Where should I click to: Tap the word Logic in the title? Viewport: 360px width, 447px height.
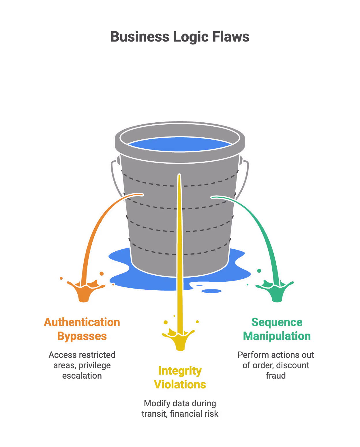point(191,37)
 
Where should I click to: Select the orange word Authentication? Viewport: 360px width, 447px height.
point(82,322)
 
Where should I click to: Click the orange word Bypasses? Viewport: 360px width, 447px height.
point(82,336)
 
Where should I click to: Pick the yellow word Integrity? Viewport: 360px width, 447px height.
point(180,371)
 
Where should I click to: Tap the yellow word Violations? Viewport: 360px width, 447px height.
point(180,385)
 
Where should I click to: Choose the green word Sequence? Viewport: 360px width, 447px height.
point(277,322)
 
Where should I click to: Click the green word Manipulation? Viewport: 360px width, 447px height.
point(277,336)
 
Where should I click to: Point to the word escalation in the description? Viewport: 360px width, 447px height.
point(82,376)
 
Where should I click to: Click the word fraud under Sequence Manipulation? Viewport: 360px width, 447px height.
point(276,376)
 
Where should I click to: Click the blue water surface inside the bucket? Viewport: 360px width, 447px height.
point(179,144)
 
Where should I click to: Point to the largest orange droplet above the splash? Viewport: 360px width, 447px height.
point(102,274)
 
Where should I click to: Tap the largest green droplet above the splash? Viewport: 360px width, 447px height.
point(259,271)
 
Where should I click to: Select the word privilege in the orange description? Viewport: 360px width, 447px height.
point(94,365)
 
